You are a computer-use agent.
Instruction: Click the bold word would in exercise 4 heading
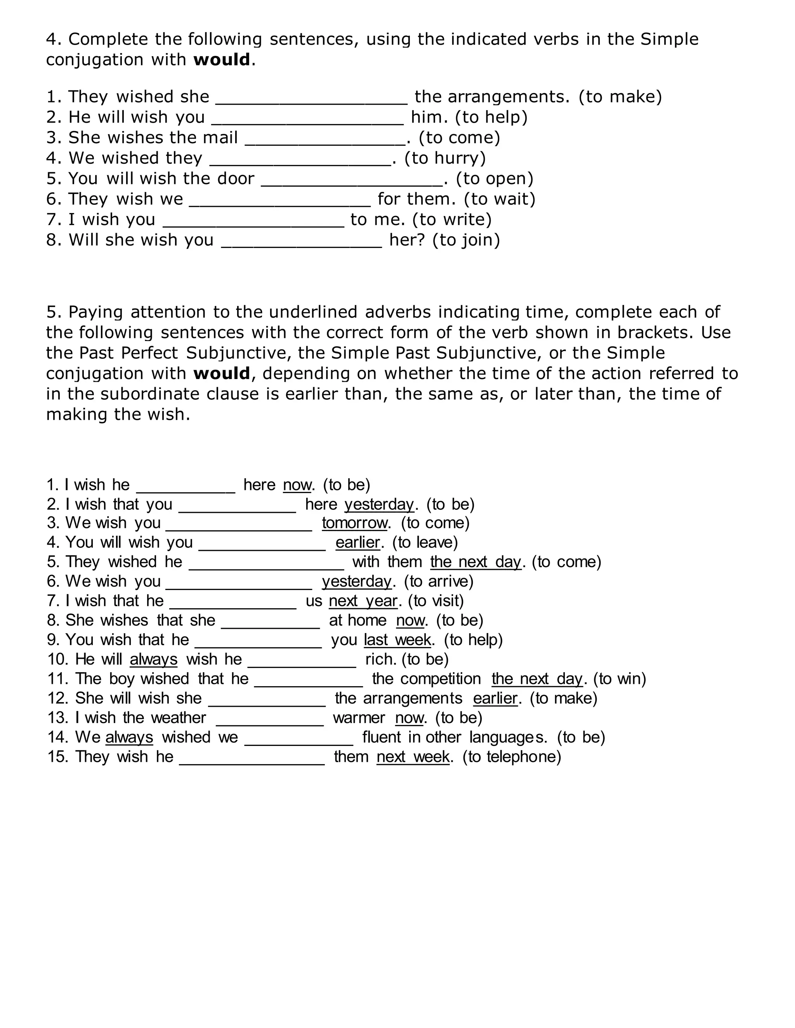pos(221,60)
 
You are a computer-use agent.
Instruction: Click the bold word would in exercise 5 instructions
pos(221,373)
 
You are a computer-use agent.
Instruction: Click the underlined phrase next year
pos(363,601)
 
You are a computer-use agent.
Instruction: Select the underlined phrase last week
pos(397,640)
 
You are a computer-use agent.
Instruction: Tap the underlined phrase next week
pos(413,757)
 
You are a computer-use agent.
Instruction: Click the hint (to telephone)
pos(512,757)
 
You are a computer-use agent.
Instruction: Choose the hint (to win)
pos(619,679)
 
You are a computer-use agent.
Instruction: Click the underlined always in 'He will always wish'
pos(154,659)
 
